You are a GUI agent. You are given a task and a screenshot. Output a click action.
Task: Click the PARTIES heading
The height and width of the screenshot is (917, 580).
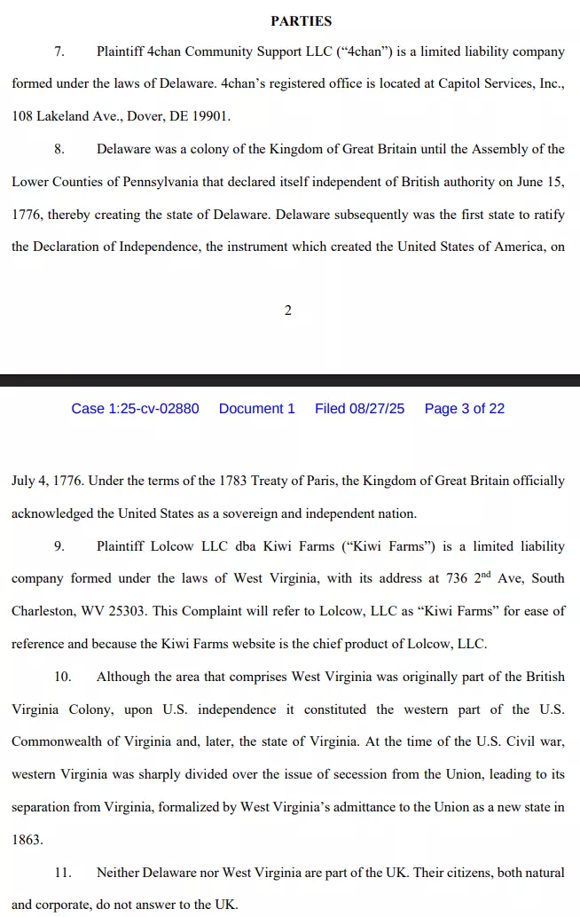click(x=301, y=20)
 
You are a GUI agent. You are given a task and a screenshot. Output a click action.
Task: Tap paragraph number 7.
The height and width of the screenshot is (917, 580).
click(x=59, y=51)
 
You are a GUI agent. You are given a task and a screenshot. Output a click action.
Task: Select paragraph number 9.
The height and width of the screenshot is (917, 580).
click(x=59, y=546)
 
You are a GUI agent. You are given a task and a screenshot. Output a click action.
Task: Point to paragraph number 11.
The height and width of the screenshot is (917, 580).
click(x=62, y=873)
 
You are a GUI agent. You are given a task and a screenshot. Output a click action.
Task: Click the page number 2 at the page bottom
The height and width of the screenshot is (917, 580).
click(x=288, y=310)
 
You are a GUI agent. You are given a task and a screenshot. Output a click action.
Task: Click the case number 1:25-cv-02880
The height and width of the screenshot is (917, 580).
click(x=135, y=409)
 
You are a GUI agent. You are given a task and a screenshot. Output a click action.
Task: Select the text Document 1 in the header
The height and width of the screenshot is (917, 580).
click(x=257, y=409)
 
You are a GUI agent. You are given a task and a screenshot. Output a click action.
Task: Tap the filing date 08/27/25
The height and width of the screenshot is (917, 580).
click(x=378, y=409)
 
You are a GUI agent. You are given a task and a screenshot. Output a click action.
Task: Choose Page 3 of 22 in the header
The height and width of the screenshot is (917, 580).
click(x=465, y=409)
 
